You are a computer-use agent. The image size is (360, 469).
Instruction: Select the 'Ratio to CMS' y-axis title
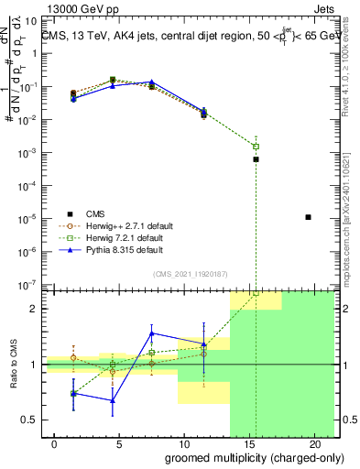pyautogui.click(x=13, y=364)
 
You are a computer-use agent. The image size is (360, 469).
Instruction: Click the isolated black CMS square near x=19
pyautogui.click(x=309, y=217)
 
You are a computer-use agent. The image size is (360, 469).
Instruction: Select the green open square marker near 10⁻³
pyautogui.click(x=256, y=147)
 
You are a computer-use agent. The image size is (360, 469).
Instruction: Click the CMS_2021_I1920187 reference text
pyautogui.click(x=189, y=272)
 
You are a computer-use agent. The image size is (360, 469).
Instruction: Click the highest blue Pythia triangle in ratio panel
pyautogui.click(x=151, y=333)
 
